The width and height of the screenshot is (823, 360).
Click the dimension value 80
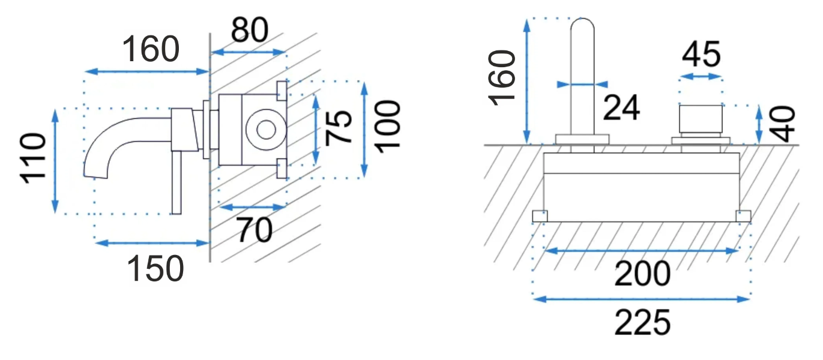point(250,30)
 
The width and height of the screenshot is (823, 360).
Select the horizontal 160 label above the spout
point(151,49)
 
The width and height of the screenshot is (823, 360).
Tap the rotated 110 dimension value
point(34,158)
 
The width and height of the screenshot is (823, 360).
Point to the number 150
point(155,269)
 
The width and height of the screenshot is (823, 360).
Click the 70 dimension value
point(255,230)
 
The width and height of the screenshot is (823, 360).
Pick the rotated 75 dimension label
point(339,127)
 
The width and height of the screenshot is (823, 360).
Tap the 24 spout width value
point(621,107)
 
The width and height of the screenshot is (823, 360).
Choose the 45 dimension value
point(701,55)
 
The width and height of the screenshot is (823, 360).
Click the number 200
point(642,274)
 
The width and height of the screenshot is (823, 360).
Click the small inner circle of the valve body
point(267,130)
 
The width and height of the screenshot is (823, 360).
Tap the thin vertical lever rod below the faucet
point(176,182)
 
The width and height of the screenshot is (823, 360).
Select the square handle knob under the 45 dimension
point(701,119)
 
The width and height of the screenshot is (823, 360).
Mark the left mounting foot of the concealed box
point(540,217)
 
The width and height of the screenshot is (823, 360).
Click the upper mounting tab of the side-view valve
point(282,91)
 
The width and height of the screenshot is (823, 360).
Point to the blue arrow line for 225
point(642,299)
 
